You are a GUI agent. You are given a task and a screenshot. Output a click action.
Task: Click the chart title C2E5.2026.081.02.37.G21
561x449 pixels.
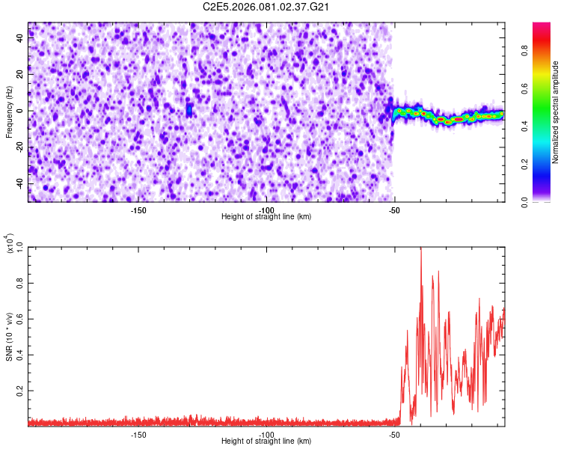coord(267,7)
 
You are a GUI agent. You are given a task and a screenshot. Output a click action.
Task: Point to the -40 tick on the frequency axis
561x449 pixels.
coord(19,183)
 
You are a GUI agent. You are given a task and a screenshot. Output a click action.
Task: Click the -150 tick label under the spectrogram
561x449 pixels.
coord(138,210)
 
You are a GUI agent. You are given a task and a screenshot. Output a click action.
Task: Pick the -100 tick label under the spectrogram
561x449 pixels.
coord(266,210)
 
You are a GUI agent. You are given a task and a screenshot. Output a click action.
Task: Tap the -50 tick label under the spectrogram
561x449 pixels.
coord(394,210)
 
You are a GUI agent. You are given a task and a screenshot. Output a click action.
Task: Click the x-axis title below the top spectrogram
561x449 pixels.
coord(266,217)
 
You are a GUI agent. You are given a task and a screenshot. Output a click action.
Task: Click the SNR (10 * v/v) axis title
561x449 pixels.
coord(9,337)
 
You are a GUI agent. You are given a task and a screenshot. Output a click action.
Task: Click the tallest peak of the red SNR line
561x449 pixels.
coord(421,248)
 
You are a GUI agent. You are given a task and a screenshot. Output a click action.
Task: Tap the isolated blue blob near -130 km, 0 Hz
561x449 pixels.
coord(189,110)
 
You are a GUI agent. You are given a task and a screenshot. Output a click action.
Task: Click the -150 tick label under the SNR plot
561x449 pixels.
coord(138,434)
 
